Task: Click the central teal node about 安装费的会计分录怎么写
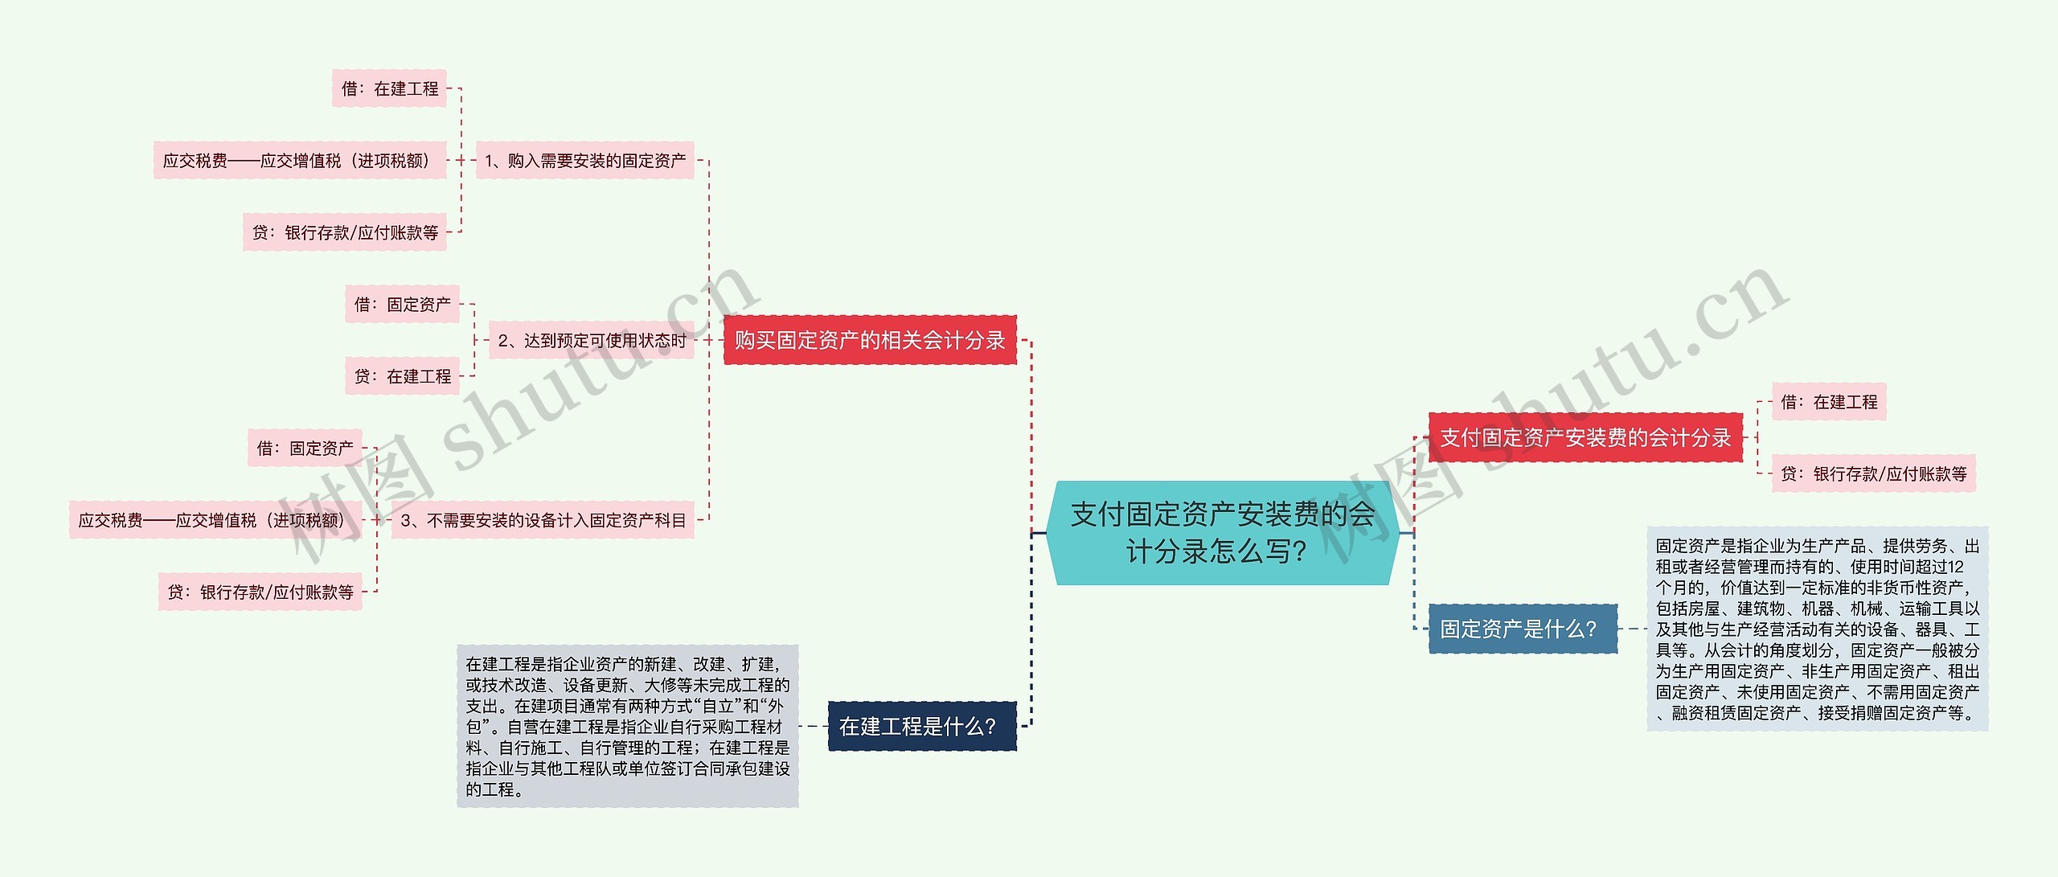[x=1222, y=533]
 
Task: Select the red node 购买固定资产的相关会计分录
[x=870, y=340]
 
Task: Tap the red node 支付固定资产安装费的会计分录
[x=1585, y=437]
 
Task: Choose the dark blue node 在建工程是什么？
[x=921, y=727]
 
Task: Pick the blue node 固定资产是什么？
[x=1522, y=629]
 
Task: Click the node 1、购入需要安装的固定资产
[x=584, y=161]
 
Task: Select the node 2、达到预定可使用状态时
[x=591, y=340]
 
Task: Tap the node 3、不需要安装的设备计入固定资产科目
[x=543, y=520]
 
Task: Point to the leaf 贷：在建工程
[x=402, y=376]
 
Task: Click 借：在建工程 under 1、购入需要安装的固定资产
[x=389, y=88]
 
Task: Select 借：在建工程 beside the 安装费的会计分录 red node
[x=1828, y=402]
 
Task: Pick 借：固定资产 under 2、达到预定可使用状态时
[x=402, y=304]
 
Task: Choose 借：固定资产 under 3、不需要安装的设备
[x=305, y=448]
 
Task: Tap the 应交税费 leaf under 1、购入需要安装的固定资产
[x=299, y=161]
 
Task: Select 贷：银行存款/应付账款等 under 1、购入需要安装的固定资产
[x=344, y=232]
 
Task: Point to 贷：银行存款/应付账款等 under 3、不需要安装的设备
[x=260, y=592]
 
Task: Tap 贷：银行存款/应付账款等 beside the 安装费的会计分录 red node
[x=1873, y=473]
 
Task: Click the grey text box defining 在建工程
[x=627, y=726]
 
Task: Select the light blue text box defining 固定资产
[x=1817, y=629]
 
